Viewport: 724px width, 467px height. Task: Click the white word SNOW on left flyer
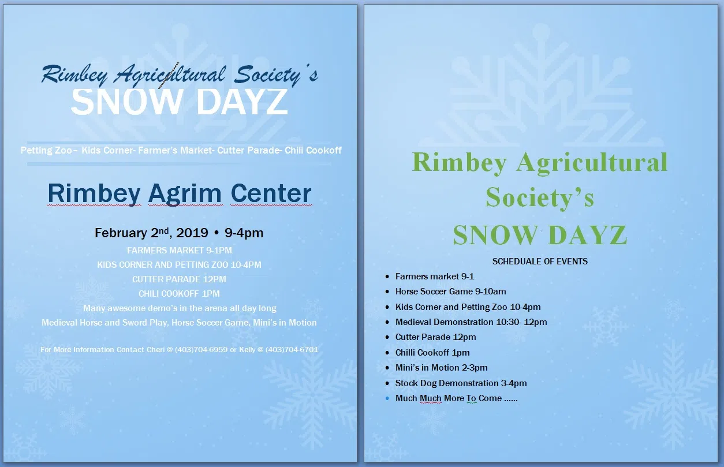point(126,102)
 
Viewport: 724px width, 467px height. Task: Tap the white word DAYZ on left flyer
point(242,102)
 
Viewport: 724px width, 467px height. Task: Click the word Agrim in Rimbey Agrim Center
point(185,194)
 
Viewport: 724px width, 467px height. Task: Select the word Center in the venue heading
point(271,193)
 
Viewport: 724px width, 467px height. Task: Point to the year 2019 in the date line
point(192,233)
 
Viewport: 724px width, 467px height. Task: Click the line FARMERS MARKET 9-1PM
point(180,250)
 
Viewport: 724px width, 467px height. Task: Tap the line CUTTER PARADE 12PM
point(179,279)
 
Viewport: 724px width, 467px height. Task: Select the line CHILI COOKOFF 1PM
point(179,293)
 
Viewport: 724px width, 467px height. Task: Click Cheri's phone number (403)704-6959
point(201,349)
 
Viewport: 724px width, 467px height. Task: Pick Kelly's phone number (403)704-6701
point(292,349)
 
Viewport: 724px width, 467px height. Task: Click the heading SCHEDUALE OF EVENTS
point(540,261)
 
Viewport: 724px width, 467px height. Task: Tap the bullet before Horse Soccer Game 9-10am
point(387,292)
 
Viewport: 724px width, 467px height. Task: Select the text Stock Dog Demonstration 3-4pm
point(461,383)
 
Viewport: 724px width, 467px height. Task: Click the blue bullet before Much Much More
point(387,398)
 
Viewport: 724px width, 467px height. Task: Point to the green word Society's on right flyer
point(540,197)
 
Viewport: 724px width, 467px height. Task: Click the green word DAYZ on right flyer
point(588,235)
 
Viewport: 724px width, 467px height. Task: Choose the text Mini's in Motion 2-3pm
point(441,368)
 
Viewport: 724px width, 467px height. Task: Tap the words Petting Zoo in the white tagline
point(46,150)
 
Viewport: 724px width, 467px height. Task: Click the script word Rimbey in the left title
point(74,75)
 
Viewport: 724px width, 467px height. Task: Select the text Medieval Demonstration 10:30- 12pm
point(471,322)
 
